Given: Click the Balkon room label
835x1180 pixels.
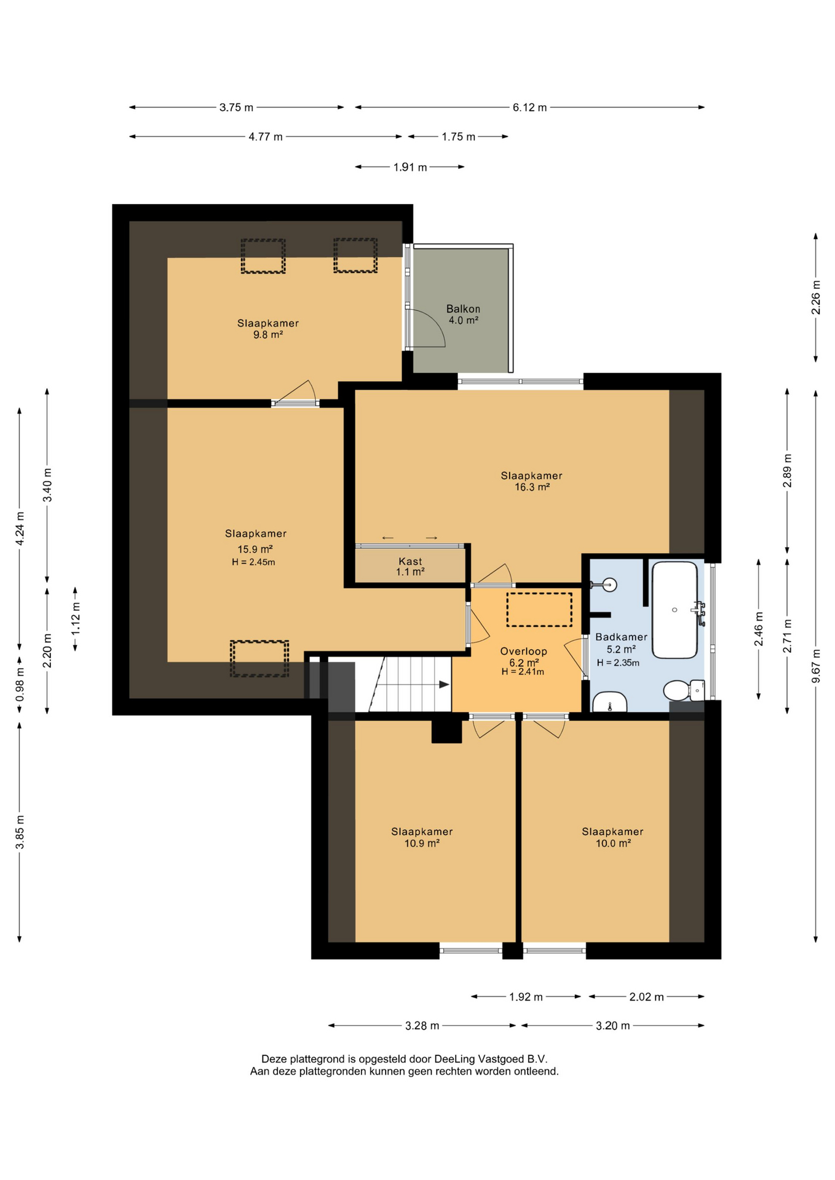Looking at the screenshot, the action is pyautogui.click(x=463, y=309).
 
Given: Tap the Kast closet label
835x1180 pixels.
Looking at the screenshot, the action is pyautogui.click(x=410, y=561).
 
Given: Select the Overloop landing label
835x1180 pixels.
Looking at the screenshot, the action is pyautogui.click(x=523, y=651).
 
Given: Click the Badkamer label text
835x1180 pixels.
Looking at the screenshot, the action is pyautogui.click(x=621, y=637).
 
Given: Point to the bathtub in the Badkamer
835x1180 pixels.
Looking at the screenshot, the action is pyautogui.click(x=675, y=610).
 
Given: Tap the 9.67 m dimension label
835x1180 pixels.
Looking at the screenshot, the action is pyautogui.click(x=816, y=666).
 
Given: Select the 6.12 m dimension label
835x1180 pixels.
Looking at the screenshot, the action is pyautogui.click(x=529, y=108).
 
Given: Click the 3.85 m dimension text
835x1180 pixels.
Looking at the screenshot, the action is pyautogui.click(x=20, y=832).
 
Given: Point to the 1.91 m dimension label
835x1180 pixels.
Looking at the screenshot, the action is pyautogui.click(x=410, y=167).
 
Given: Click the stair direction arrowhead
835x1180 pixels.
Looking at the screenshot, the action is pyautogui.click(x=444, y=685).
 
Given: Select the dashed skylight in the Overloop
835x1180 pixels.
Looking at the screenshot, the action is pyautogui.click(x=539, y=610).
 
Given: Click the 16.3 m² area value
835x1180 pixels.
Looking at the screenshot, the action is pyautogui.click(x=532, y=487).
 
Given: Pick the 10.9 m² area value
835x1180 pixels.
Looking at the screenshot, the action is pyautogui.click(x=422, y=844).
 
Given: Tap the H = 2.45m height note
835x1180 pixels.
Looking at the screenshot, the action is pyautogui.click(x=253, y=562).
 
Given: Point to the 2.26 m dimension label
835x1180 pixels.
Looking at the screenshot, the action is pyautogui.click(x=816, y=297).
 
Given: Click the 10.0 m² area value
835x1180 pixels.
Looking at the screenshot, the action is pyautogui.click(x=613, y=844).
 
